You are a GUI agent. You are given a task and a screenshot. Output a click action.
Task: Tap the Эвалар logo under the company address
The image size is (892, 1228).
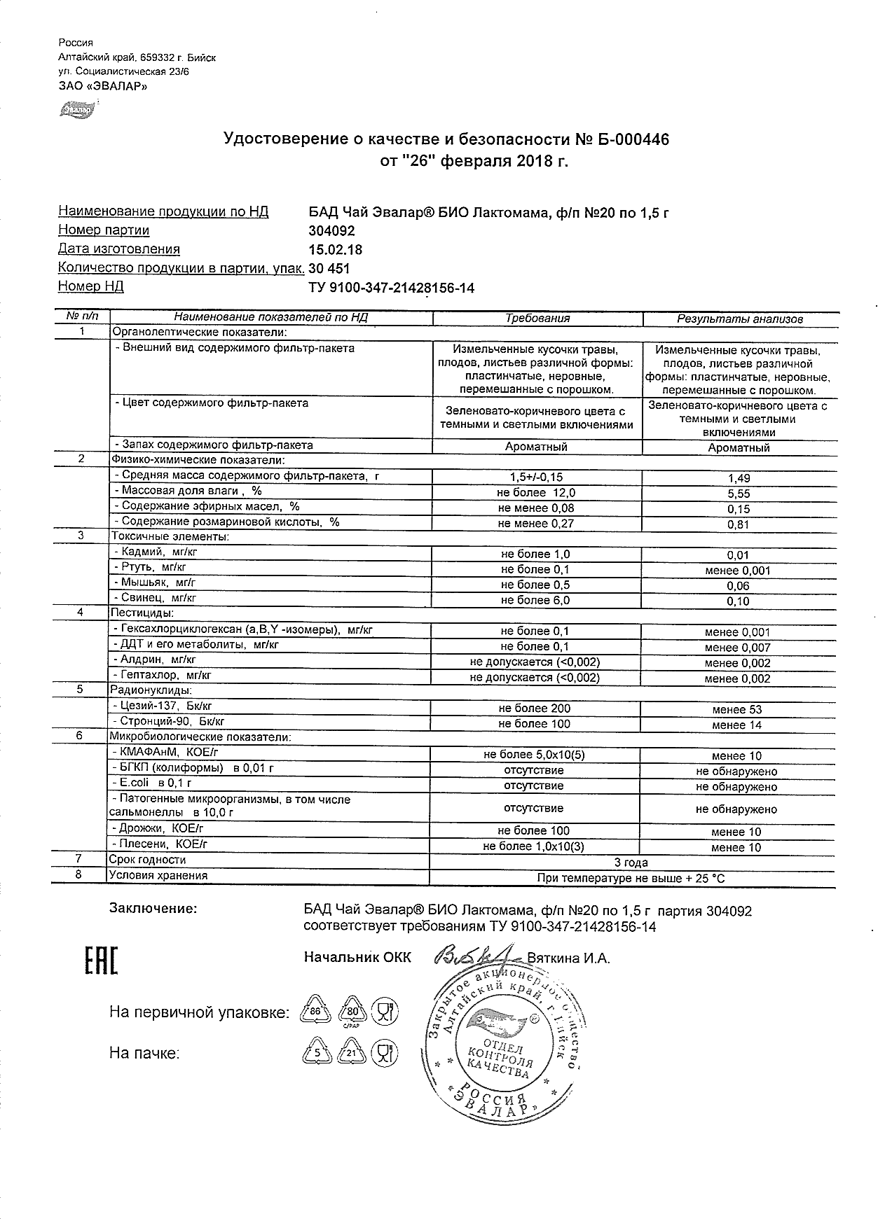[x=76, y=109]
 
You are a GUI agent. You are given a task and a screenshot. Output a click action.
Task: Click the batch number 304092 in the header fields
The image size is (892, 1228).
[x=331, y=231]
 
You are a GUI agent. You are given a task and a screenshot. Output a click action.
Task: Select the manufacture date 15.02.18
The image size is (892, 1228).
[x=336, y=250]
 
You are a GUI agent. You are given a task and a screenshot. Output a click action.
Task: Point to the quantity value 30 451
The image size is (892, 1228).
[x=329, y=269]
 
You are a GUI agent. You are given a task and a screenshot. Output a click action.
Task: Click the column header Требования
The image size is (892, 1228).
[x=537, y=319]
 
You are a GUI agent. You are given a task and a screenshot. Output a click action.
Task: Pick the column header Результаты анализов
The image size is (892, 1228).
[x=739, y=319]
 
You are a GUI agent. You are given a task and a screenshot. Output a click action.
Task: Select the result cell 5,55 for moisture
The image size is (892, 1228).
[x=739, y=494]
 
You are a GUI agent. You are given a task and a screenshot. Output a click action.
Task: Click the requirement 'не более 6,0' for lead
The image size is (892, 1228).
[x=535, y=601]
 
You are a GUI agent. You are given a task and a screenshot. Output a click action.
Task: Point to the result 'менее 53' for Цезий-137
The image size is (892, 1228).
[x=737, y=709]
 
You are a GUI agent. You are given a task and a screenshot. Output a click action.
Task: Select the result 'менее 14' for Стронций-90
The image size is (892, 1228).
[x=737, y=725]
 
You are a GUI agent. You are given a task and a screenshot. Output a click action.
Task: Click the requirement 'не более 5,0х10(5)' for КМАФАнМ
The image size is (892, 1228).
[x=534, y=755]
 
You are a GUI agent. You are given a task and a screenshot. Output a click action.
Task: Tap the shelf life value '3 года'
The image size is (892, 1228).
[x=631, y=863]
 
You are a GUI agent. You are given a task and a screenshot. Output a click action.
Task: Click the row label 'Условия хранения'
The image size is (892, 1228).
[x=158, y=875]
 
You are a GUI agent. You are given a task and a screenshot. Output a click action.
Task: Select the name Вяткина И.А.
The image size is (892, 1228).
[x=568, y=958]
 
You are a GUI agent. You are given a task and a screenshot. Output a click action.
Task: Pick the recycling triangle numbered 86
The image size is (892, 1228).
[x=315, y=1011]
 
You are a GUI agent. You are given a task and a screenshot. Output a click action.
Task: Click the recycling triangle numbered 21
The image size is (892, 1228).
[x=352, y=1053]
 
